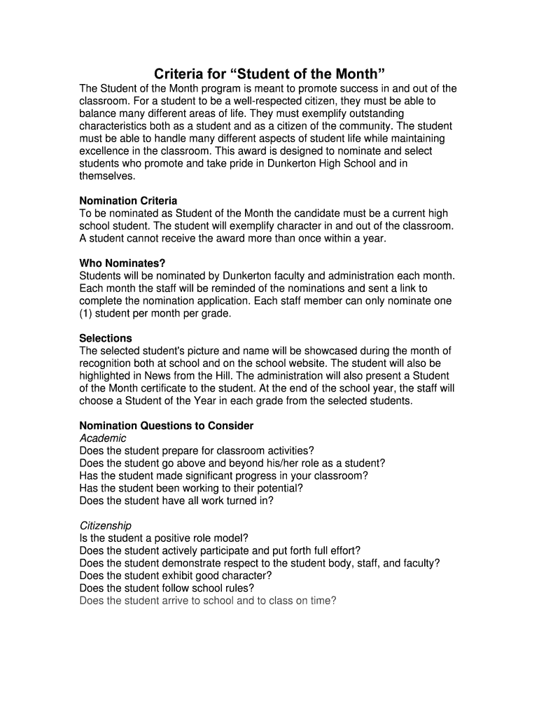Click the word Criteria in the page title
178,74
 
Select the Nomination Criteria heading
128,201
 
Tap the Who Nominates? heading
122,263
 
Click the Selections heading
106,338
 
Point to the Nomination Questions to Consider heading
167,426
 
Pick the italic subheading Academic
104,438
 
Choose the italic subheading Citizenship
106,525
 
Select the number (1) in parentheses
87,314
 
